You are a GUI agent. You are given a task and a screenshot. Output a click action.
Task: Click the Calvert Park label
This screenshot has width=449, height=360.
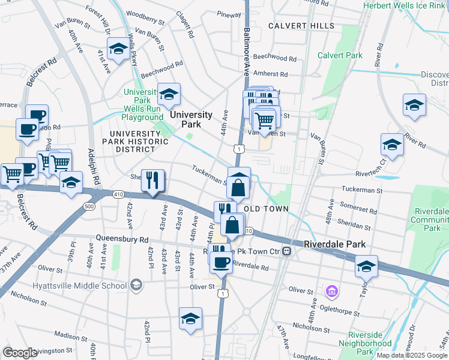tap(340, 55)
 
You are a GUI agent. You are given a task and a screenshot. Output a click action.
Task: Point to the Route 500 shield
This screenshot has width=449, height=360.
tap(89, 206)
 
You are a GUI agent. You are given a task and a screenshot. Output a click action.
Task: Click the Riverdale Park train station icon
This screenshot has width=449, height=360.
tap(288, 250)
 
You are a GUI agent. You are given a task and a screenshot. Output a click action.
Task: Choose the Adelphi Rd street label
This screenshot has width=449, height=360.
tap(95, 167)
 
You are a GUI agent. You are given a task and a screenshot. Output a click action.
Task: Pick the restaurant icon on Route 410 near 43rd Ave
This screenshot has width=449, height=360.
tap(152, 179)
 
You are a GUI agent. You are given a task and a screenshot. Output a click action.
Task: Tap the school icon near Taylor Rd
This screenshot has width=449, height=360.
tap(366, 266)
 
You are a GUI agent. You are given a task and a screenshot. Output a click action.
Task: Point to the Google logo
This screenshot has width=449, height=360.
tap(20, 352)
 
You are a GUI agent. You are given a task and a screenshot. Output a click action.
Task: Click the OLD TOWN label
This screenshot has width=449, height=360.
tap(267, 209)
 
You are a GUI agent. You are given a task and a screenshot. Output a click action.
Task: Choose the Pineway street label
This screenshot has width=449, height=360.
tap(229, 14)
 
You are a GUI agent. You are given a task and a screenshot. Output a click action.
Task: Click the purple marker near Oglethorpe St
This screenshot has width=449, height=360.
tap(331, 292)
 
